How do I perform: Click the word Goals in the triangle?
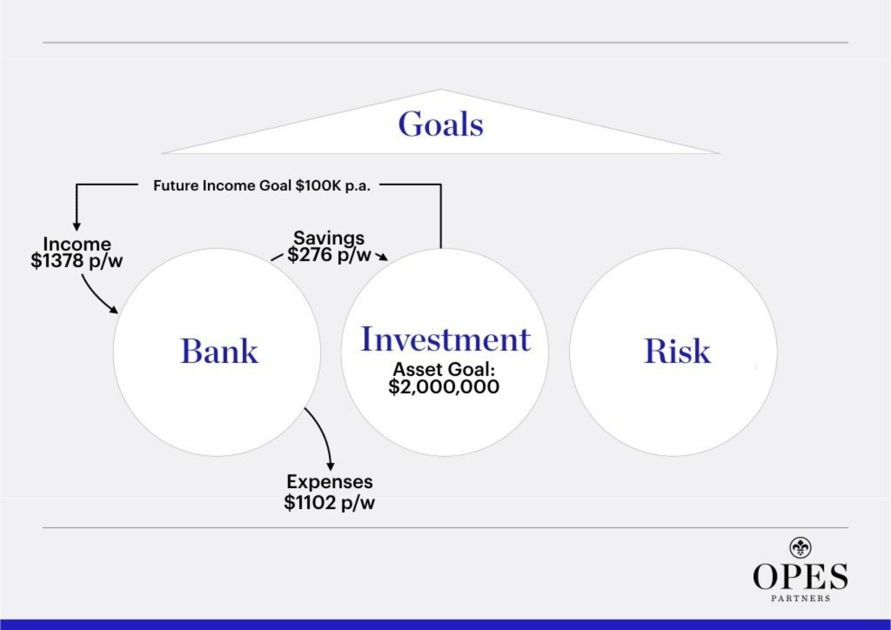coord(440,124)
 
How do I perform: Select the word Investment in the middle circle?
coord(446,339)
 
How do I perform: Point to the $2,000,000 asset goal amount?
coord(444,387)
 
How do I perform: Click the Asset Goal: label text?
coord(444,369)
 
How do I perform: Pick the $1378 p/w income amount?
coord(77,260)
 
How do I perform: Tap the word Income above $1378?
coord(77,244)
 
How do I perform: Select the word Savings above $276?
coord(329,237)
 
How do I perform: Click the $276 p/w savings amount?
coord(329,255)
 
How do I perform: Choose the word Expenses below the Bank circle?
coord(329,481)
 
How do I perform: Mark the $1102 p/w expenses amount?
coord(329,503)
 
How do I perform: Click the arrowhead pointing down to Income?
coord(77,226)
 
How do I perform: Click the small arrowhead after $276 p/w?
coord(383,257)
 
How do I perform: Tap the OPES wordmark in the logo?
coord(800,577)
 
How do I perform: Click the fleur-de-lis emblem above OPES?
coord(800,548)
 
